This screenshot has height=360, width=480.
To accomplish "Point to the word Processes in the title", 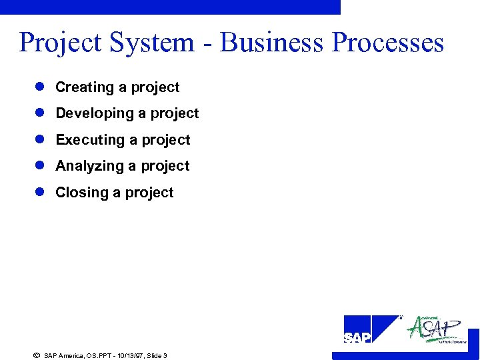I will [x=387, y=43].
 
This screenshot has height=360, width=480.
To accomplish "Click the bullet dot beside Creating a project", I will [x=39, y=87].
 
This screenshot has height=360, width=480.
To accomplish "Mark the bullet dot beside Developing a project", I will [x=39, y=113].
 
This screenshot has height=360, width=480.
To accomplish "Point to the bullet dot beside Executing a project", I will [x=39, y=140].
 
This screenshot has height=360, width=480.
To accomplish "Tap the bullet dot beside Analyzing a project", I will [x=39, y=166].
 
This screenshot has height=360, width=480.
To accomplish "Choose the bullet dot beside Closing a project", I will [x=39, y=193].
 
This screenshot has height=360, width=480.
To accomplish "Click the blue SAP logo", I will [x=371, y=330].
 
